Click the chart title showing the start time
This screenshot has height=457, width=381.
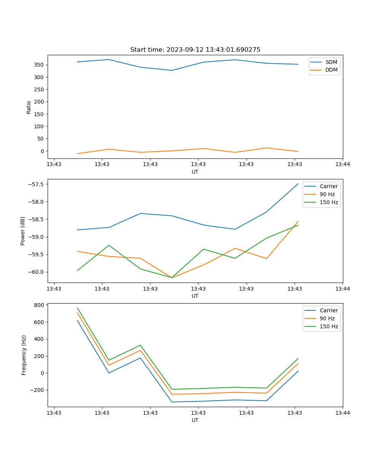click(x=195, y=50)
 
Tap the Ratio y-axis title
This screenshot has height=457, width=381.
click(x=29, y=107)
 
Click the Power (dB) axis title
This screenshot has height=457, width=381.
click(x=23, y=231)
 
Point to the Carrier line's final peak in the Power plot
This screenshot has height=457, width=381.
click(x=298, y=184)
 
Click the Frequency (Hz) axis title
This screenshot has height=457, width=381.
click(x=24, y=355)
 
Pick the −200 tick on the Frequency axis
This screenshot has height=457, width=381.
click(x=38, y=390)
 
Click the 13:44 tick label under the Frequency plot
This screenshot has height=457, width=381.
click(x=342, y=413)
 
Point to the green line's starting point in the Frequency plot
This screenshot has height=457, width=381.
click(x=77, y=308)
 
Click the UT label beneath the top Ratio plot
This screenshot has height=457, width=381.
click(x=195, y=172)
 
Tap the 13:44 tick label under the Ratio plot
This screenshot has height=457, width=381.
click(x=342, y=165)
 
